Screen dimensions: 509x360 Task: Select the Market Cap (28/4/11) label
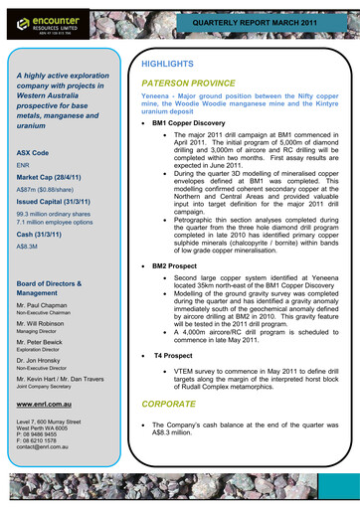(53, 181)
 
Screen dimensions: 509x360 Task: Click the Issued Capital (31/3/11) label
(56, 200)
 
